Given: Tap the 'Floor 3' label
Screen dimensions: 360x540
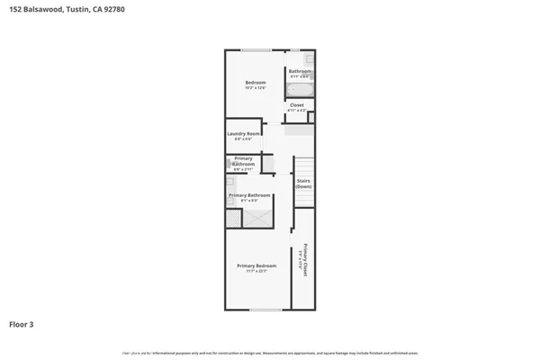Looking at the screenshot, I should point(22,324).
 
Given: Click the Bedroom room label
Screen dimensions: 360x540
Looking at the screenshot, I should point(256,84).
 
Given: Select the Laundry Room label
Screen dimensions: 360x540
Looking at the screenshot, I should point(243,134).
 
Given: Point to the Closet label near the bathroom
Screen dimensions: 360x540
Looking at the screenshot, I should point(297,105).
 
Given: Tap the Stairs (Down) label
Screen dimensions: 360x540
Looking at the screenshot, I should point(303,184).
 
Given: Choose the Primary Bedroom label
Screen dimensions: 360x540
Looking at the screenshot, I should point(256,265).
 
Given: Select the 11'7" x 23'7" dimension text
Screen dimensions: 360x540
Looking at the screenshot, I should point(256,271).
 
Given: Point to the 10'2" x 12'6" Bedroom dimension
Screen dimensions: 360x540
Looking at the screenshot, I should point(256,89).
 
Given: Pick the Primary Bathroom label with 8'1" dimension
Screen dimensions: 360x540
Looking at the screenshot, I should point(249,195).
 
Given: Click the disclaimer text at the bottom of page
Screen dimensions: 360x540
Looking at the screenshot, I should point(270,353).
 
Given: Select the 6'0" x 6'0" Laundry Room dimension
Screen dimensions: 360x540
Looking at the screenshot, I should point(243,139).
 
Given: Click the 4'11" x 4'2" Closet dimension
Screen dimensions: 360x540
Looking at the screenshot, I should point(297,111).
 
